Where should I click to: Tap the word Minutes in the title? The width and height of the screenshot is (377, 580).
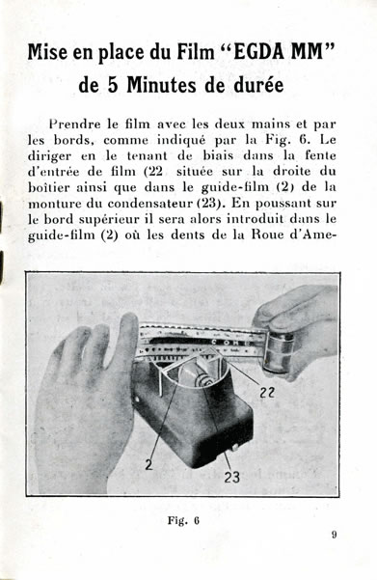[x=162, y=85]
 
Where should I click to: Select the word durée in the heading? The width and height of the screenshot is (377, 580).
[x=258, y=85]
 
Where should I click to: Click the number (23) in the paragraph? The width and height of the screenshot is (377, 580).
[x=210, y=204]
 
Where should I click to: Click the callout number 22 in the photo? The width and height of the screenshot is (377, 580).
[x=266, y=393]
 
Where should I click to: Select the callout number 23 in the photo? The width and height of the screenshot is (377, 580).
[x=231, y=477]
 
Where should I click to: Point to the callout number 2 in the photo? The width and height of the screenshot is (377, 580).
[x=148, y=464]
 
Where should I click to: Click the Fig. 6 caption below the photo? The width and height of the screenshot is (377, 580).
[x=183, y=521]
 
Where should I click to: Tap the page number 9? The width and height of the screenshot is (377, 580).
[x=334, y=535]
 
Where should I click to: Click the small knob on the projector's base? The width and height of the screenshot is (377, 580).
[x=233, y=447]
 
